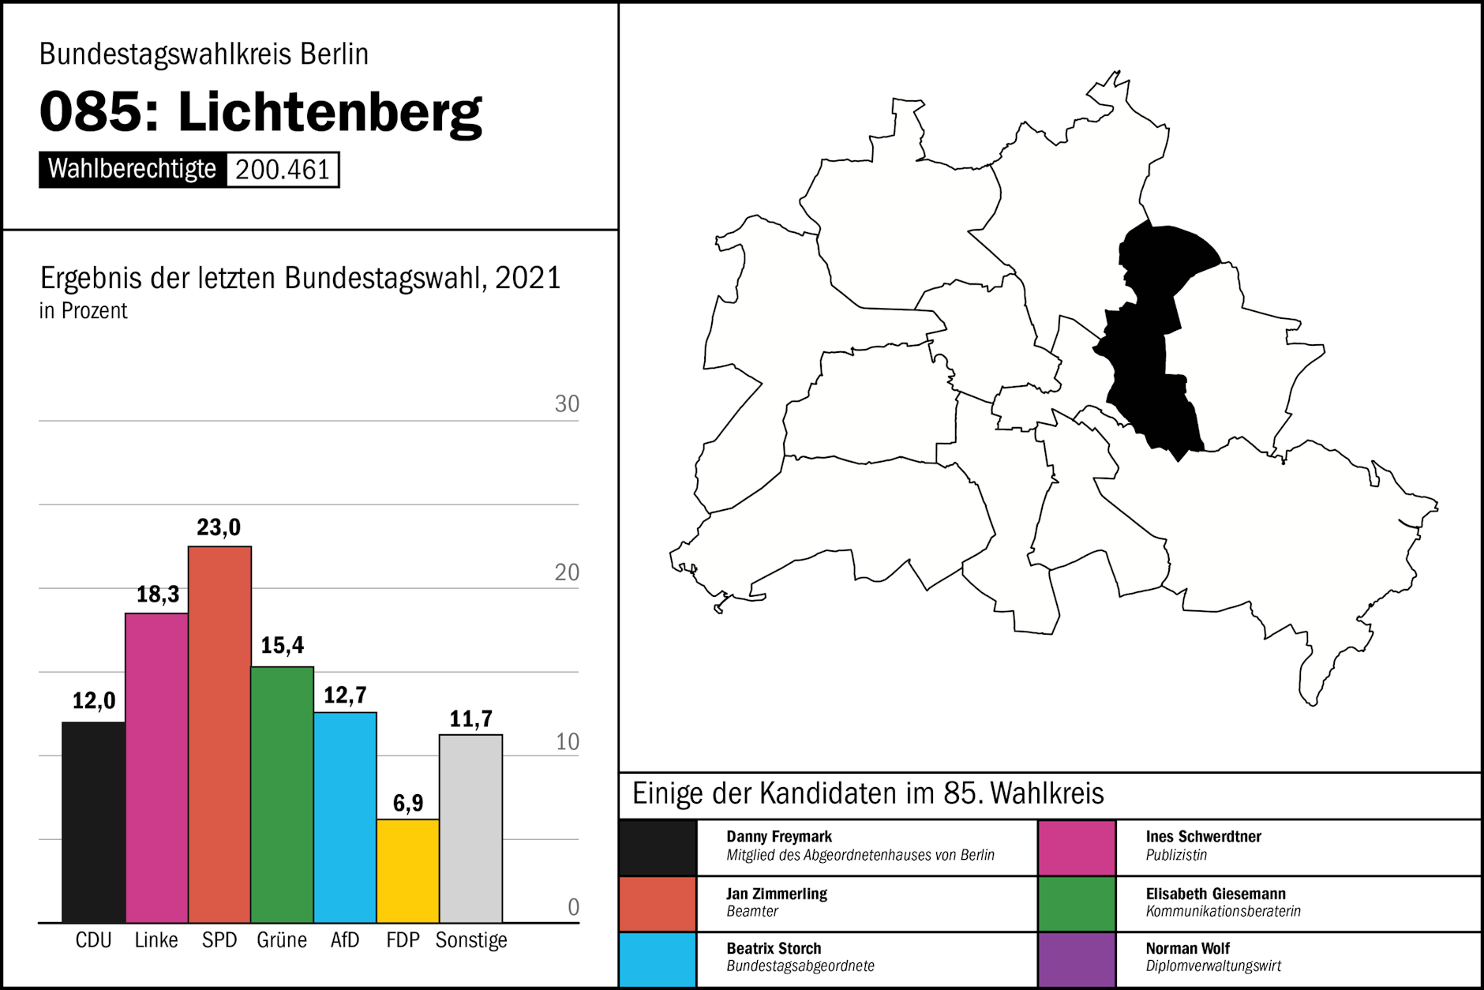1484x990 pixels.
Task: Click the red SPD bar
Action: point(219,734)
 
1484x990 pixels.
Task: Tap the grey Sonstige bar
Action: point(470,828)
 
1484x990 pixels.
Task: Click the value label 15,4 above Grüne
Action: point(283,646)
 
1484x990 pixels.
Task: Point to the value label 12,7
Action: point(345,696)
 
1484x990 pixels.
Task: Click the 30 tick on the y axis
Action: point(567,404)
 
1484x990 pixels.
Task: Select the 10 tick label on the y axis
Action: point(567,742)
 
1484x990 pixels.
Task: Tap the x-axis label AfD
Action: point(345,940)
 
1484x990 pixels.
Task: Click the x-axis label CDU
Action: point(93,940)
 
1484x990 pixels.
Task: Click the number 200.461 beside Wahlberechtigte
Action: point(283,170)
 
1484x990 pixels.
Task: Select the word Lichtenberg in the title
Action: point(330,112)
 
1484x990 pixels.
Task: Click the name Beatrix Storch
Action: point(774,948)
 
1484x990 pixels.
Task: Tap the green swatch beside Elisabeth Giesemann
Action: point(1077,904)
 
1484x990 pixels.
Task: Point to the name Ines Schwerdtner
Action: point(1203,836)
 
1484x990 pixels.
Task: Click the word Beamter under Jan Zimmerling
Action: point(752,911)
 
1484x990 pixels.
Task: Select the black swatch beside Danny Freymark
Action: point(658,848)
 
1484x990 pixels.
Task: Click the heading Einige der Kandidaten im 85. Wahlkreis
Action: point(868,793)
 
